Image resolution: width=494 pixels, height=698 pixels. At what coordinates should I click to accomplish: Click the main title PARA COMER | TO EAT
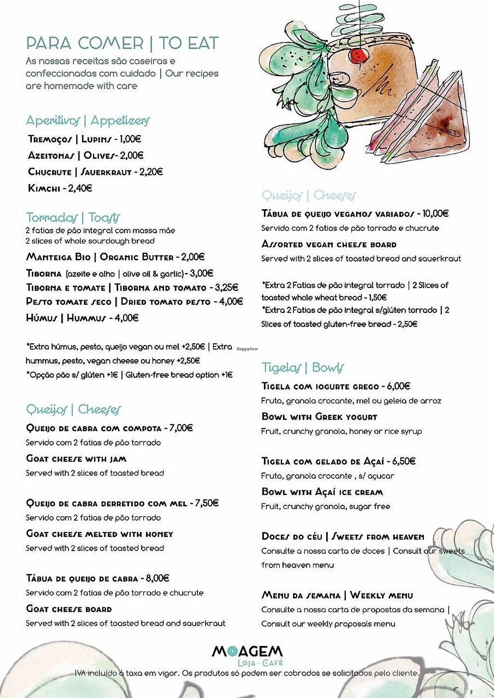tap(122, 43)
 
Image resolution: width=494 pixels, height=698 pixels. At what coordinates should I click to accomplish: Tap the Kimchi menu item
tap(43, 188)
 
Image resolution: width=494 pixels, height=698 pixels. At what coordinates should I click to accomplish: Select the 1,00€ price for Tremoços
tap(130, 139)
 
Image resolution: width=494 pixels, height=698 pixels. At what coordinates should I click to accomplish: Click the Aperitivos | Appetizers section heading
tap(88, 121)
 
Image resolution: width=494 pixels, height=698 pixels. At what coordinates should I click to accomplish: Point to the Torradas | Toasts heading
tap(73, 217)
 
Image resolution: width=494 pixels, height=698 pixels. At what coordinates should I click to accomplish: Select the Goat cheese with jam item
tap(76, 459)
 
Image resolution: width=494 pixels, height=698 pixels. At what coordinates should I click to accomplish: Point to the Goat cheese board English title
tap(69, 609)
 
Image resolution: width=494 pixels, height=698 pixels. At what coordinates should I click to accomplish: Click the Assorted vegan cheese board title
tap(329, 244)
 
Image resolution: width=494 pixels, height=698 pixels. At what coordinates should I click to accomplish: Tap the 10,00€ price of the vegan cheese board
tap(436, 214)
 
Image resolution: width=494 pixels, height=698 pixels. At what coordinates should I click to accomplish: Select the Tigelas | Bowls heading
tap(303, 368)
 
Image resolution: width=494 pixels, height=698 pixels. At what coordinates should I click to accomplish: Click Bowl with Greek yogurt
tap(319, 417)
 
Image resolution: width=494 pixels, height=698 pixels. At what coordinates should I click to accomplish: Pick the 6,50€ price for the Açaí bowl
tap(404, 461)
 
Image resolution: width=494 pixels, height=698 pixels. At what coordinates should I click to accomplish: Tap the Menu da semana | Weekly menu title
tap(337, 595)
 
